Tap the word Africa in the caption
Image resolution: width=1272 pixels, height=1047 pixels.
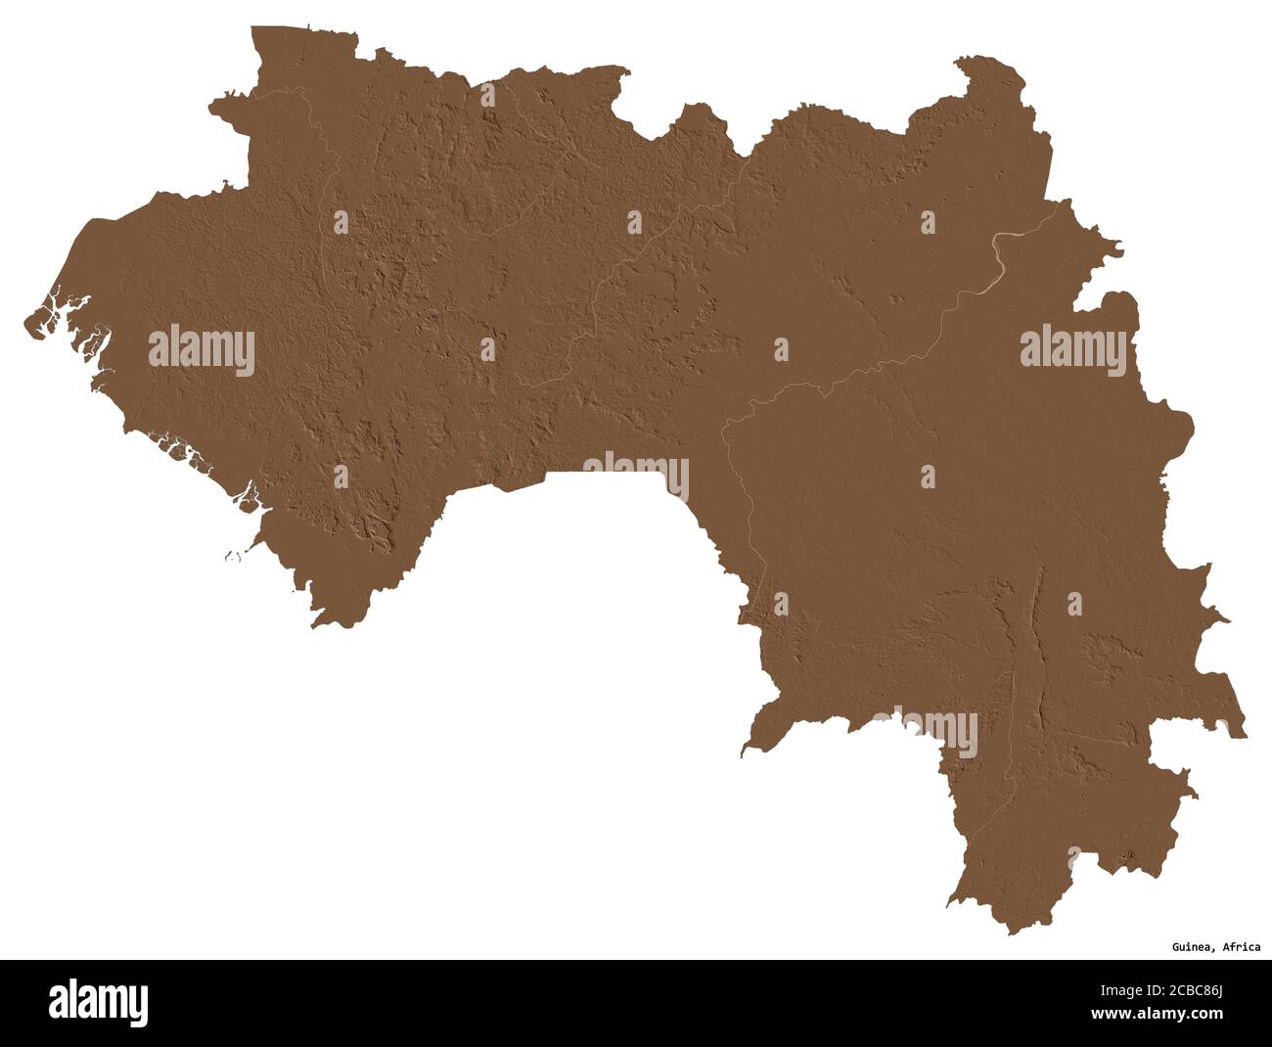(x=1241, y=947)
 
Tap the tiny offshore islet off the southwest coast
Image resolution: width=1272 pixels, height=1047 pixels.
(x=232, y=557)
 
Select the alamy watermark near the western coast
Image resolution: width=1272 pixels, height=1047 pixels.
(x=202, y=350)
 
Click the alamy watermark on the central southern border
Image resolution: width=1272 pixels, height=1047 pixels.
(x=636, y=476)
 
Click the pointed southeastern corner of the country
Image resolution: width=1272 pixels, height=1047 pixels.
(x=1245, y=733)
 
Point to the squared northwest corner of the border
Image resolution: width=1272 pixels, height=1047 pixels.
(x=254, y=30)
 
